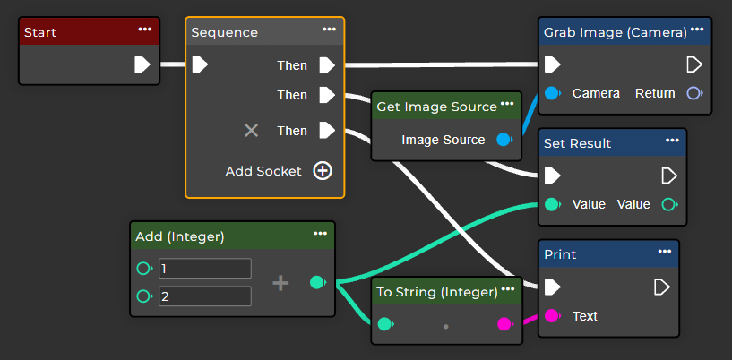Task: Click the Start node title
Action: tap(40, 32)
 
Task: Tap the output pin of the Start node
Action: tap(142, 64)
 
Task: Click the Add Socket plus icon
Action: tap(323, 171)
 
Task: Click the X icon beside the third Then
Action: tap(252, 131)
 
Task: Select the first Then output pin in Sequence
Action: tap(327, 65)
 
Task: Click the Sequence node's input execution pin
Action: tap(201, 64)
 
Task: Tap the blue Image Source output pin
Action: tap(504, 140)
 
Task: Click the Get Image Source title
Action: tap(436, 107)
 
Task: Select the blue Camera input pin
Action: tap(553, 93)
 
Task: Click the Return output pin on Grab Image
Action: tap(693, 93)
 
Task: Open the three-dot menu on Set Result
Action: tap(672, 141)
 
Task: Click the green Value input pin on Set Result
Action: tap(553, 204)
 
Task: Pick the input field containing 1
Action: tap(204, 269)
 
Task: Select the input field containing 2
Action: tap(204, 296)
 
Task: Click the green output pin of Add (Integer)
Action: tap(316, 283)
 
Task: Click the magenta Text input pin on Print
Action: tap(553, 315)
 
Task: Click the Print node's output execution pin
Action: tap(661, 287)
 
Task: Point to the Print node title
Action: tap(560, 254)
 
